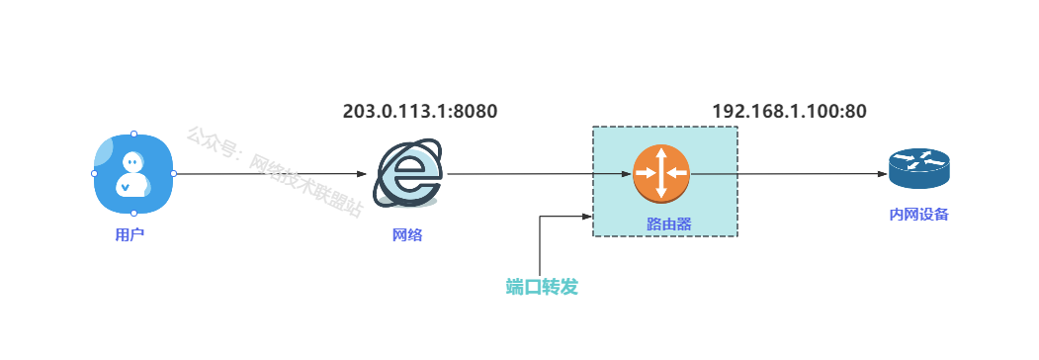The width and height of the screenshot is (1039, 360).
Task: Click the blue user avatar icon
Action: click(x=133, y=174)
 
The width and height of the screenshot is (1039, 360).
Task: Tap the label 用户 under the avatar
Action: click(x=130, y=234)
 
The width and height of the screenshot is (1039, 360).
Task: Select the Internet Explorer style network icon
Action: click(x=407, y=174)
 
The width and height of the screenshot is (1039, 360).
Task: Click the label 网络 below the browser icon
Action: click(x=407, y=234)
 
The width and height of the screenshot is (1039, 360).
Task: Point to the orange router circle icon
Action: click(x=661, y=173)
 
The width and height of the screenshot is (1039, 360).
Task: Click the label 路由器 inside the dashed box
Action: click(x=668, y=225)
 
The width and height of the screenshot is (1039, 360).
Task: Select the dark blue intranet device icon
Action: click(x=919, y=168)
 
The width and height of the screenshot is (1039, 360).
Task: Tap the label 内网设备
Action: click(x=919, y=215)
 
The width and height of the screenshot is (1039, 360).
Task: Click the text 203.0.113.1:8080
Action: click(x=420, y=112)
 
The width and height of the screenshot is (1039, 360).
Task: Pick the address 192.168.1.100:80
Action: click(x=789, y=112)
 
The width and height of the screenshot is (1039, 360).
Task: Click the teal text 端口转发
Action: click(x=542, y=287)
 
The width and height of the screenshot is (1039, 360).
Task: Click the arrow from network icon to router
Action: click(x=540, y=174)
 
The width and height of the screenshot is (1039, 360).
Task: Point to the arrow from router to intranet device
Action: click(x=789, y=174)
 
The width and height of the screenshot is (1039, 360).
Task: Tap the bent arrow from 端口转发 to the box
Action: click(x=541, y=238)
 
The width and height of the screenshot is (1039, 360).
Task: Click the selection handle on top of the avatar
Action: click(x=133, y=134)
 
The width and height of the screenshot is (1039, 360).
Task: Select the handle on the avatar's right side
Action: click(x=174, y=174)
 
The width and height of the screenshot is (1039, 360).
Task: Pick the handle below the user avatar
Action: click(x=133, y=214)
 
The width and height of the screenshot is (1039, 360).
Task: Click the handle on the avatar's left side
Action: click(x=94, y=174)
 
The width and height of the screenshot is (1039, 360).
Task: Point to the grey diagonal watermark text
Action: click(x=274, y=172)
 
